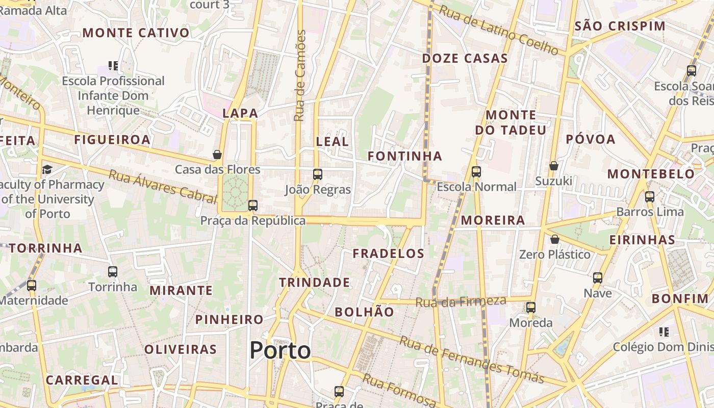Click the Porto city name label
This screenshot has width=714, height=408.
click(x=280, y=350)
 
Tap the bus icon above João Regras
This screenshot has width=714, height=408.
click(x=318, y=174)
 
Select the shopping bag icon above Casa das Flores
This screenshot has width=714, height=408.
click(x=217, y=154)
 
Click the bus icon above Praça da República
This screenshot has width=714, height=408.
click(x=252, y=206)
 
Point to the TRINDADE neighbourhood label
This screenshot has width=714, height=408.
click(x=315, y=282)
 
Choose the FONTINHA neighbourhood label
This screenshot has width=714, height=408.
click(x=405, y=156)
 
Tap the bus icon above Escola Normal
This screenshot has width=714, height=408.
click(x=476, y=172)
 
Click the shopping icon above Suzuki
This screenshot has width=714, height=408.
click(x=554, y=166)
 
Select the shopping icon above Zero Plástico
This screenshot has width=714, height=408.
click(x=555, y=239)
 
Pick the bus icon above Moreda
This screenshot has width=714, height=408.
click(x=531, y=308)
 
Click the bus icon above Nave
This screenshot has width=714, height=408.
click(x=598, y=278)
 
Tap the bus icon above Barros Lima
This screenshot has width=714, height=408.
click(x=650, y=196)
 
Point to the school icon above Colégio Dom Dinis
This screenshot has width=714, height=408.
click(x=664, y=332)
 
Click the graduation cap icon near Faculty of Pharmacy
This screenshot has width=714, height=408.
click(x=47, y=169)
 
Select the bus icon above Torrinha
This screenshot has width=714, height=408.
click(x=113, y=272)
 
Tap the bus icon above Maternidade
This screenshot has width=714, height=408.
click(x=32, y=286)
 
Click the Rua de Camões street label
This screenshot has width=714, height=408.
click(x=300, y=75)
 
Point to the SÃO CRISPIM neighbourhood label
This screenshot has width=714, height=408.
click(x=620, y=26)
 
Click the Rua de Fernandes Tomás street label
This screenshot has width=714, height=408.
click(x=472, y=360)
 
